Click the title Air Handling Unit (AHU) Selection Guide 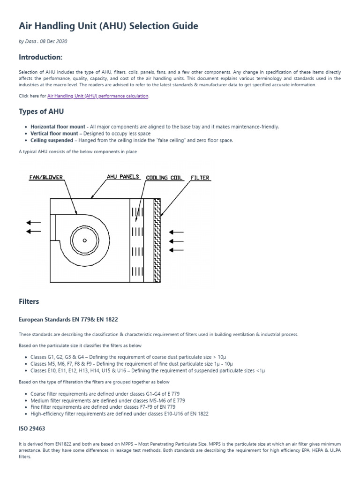[108, 25]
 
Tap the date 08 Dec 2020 [53, 42]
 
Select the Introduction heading [40, 57]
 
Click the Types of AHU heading [41, 112]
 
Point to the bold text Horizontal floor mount [58, 127]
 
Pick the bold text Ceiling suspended [52, 140]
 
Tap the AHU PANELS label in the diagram [123, 177]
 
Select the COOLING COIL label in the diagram [164, 178]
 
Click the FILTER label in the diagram [200, 178]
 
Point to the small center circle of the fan [85, 240]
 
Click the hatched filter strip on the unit [157, 240]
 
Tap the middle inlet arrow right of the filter [176, 241]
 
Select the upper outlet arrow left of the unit [34, 222]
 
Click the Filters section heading [29, 301]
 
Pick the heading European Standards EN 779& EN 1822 [68, 319]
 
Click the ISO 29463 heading [32, 428]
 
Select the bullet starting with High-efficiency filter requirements [120, 414]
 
